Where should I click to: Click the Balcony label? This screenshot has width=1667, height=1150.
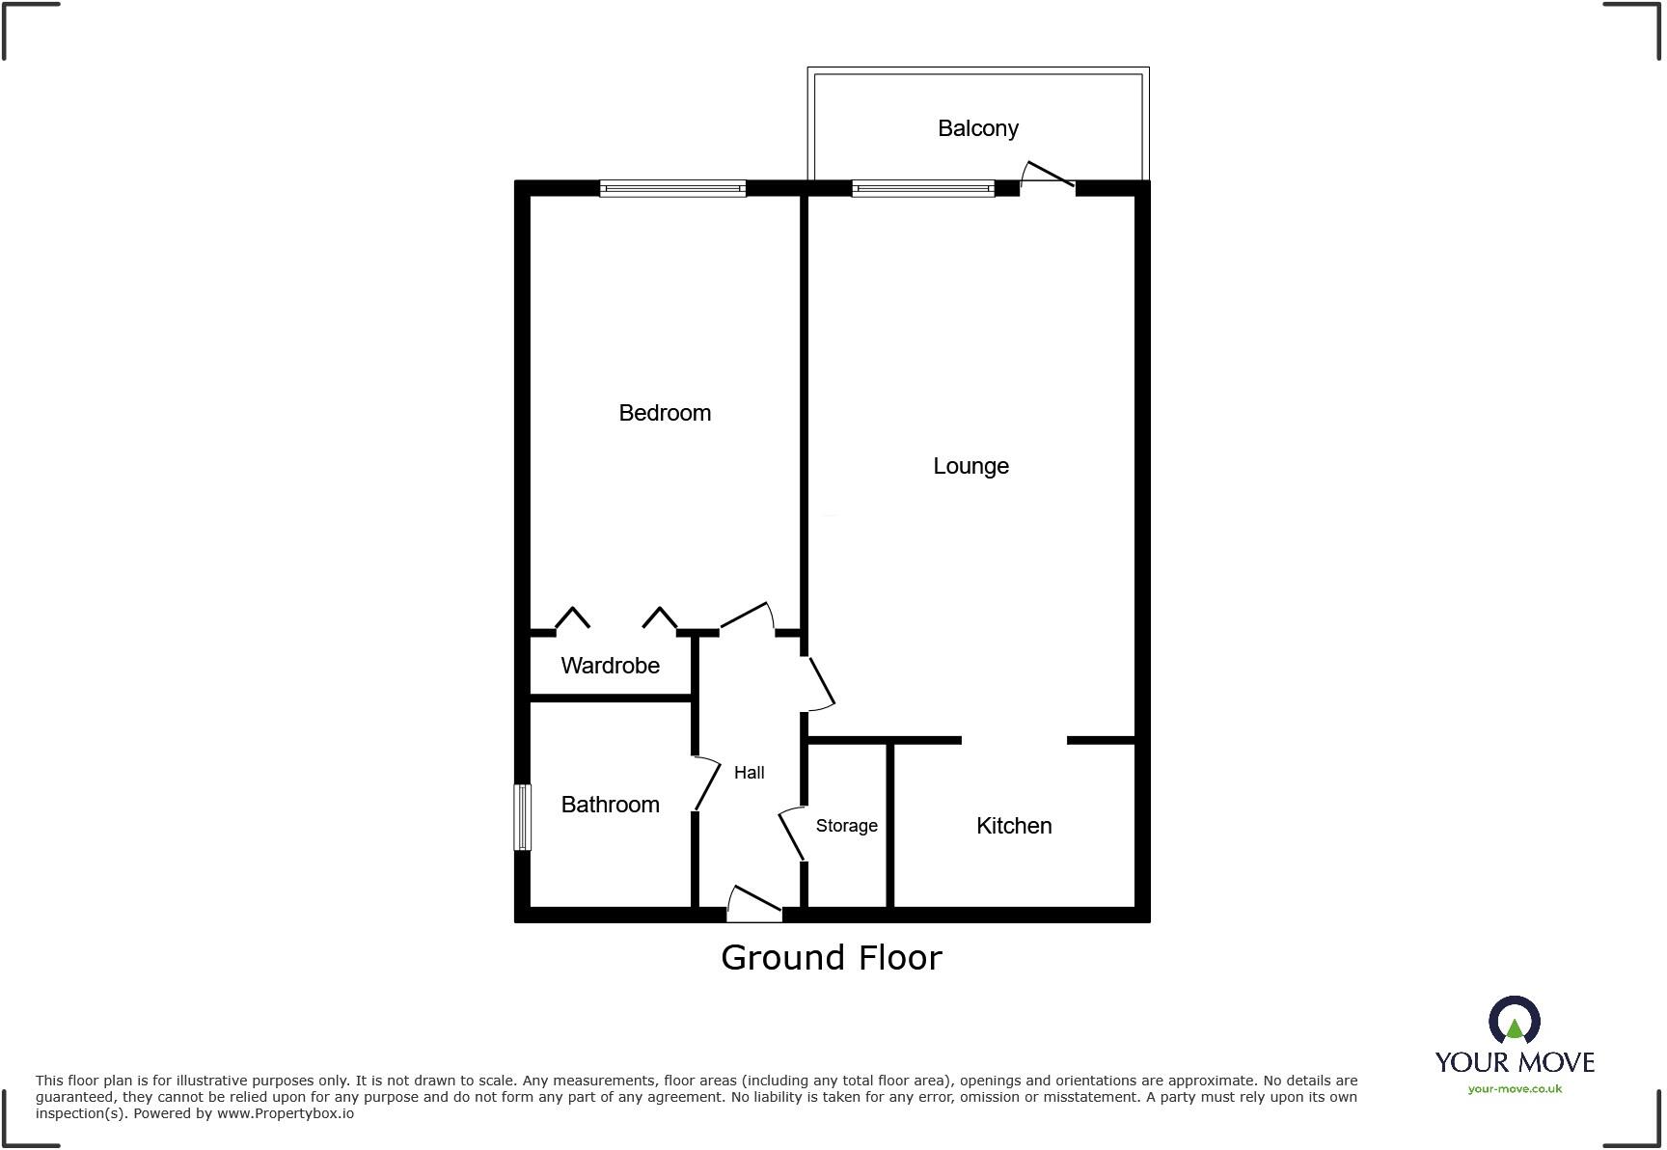(x=977, y=128)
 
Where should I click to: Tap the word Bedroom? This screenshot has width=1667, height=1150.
(x=665, y=413)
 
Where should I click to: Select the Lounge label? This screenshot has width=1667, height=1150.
(x=970, y=466)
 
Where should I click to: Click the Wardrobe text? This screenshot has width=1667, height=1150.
(x=610, y=666)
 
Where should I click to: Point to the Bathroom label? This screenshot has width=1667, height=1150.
(x=610, y=805)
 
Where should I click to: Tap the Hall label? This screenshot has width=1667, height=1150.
(x=749, y=773)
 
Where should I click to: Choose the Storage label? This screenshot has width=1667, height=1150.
(x=846, y=826)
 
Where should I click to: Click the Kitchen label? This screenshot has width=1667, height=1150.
(x=1013, y=826)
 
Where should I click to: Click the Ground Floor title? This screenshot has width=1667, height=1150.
(x=831, y=958)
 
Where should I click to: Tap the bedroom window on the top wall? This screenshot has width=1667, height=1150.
(x=672, y=189)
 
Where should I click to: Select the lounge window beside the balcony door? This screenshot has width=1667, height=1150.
(x=922, y=189)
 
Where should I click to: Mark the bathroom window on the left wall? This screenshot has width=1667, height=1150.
(x=522, y=816)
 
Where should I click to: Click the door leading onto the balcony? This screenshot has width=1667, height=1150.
(x=1048, y=176)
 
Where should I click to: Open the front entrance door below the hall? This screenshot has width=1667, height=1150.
(x=755, y=901)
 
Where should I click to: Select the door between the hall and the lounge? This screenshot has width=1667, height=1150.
(x=821, y=683)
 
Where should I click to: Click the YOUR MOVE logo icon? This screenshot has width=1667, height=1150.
(x=1514, y=1020)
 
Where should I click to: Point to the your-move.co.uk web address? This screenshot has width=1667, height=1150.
(x=1515, y=1089)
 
